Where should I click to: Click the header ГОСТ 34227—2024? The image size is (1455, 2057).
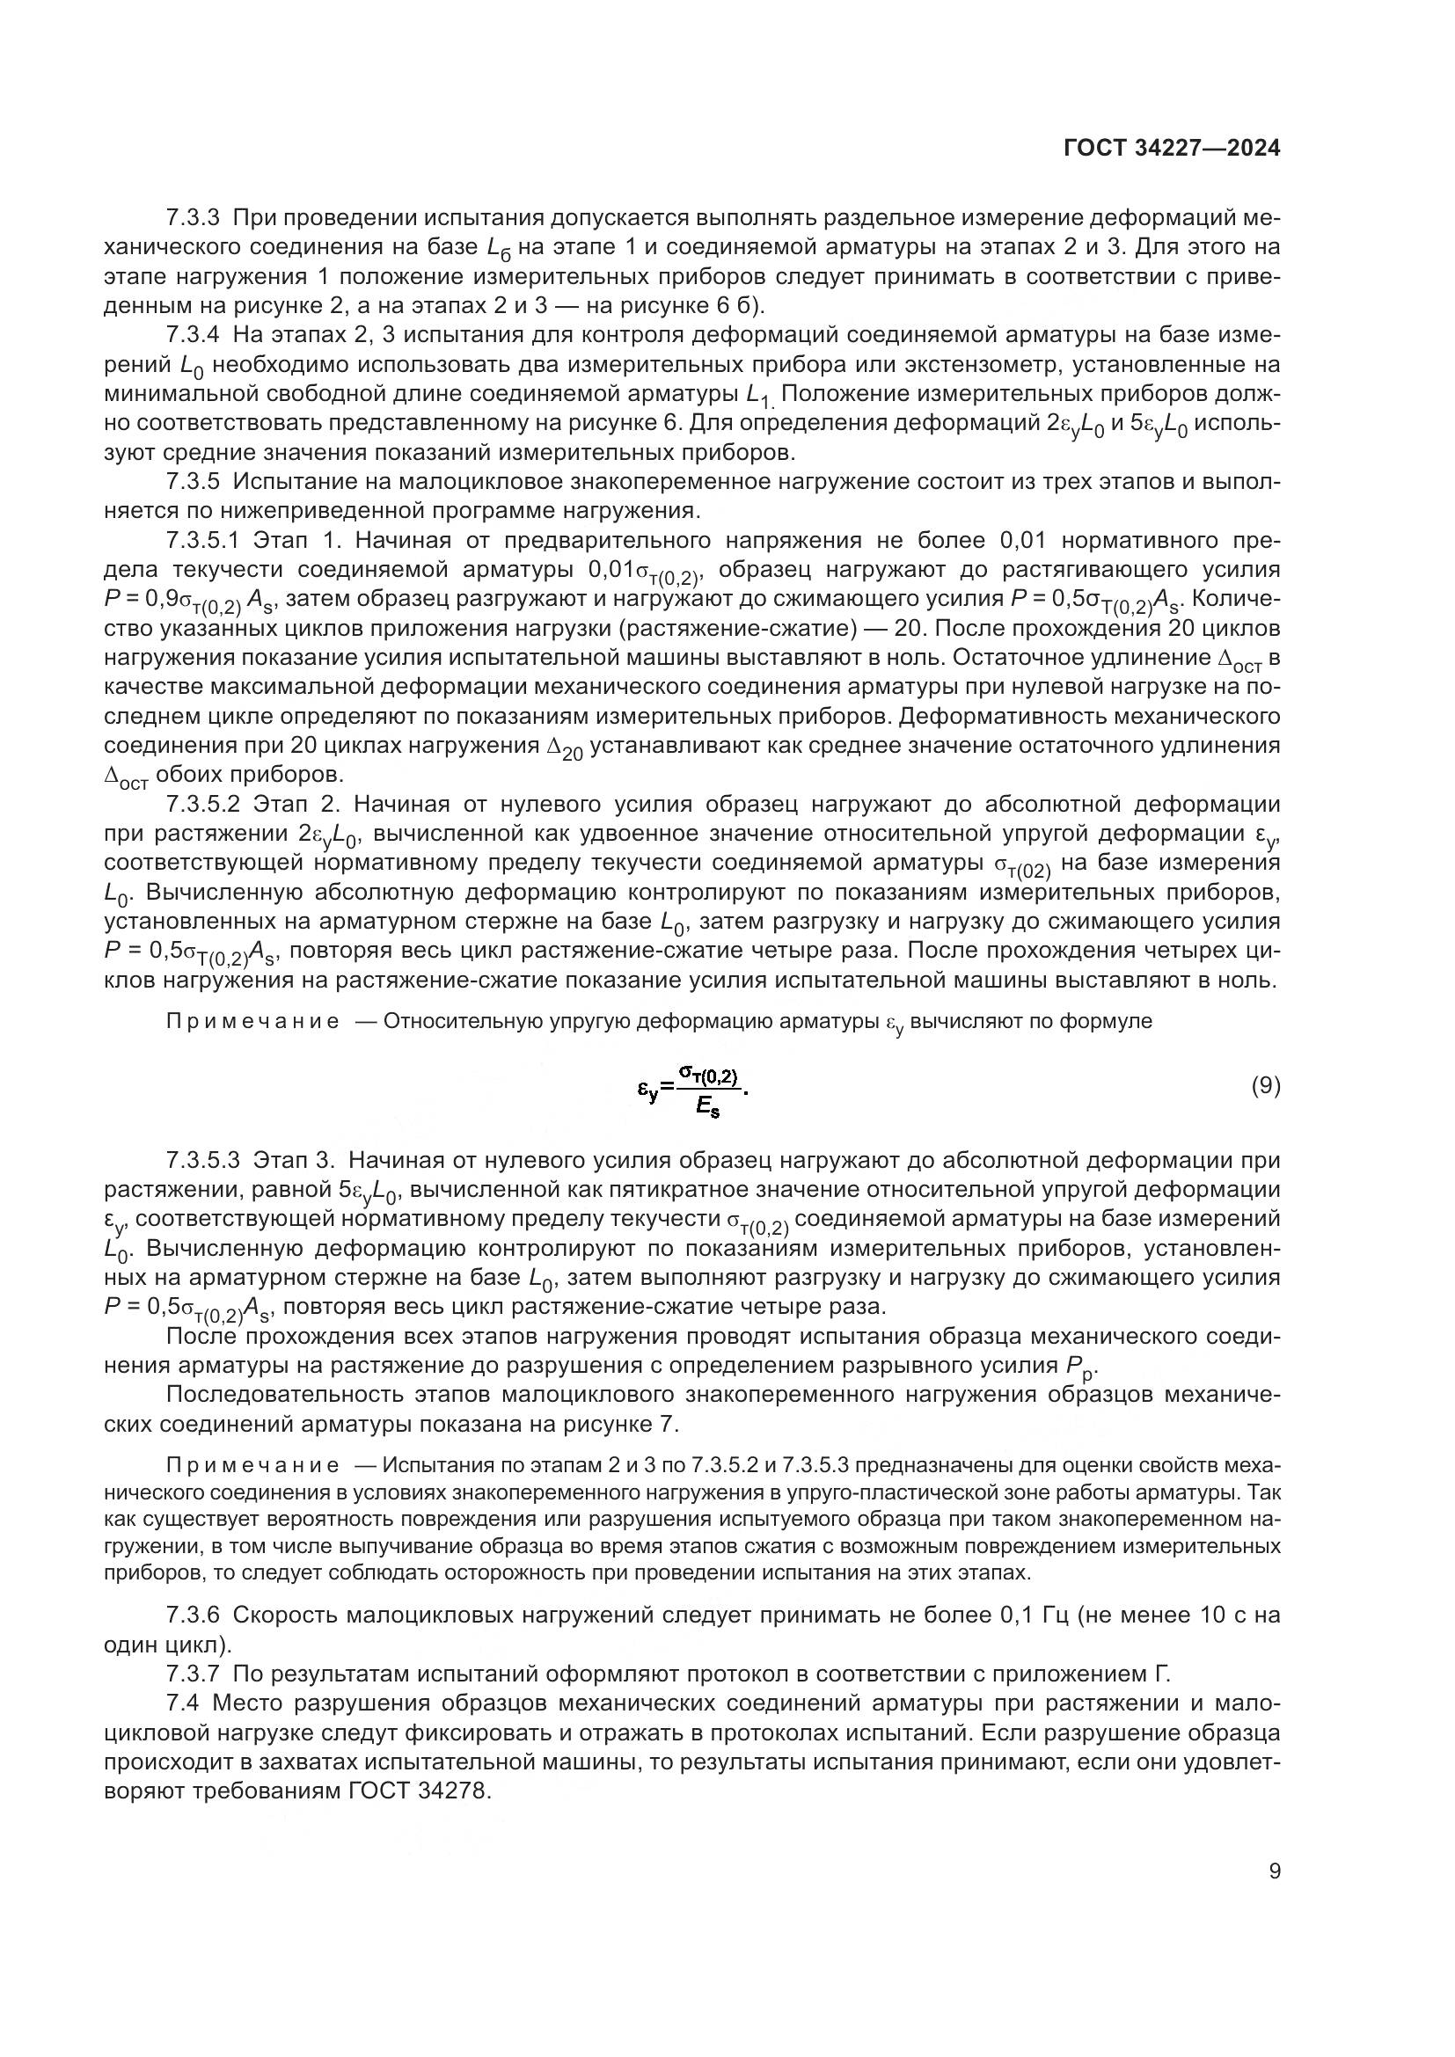click(x=1172, y=148)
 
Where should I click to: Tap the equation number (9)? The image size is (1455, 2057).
click(x=1265, y=1087)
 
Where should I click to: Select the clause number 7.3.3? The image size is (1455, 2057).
click(x=193, y=218)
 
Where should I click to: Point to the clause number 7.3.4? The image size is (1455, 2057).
click(x=193, y=335)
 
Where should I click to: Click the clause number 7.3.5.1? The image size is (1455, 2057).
click(x=201, y=540)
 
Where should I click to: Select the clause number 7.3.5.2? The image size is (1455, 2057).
click(x=201, y=804)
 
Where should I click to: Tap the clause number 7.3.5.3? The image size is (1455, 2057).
click(x=202, y=1160)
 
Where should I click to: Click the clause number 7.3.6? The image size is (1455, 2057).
click(x=193, y=1616)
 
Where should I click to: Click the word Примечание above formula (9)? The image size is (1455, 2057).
click(x=252, y=1021)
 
